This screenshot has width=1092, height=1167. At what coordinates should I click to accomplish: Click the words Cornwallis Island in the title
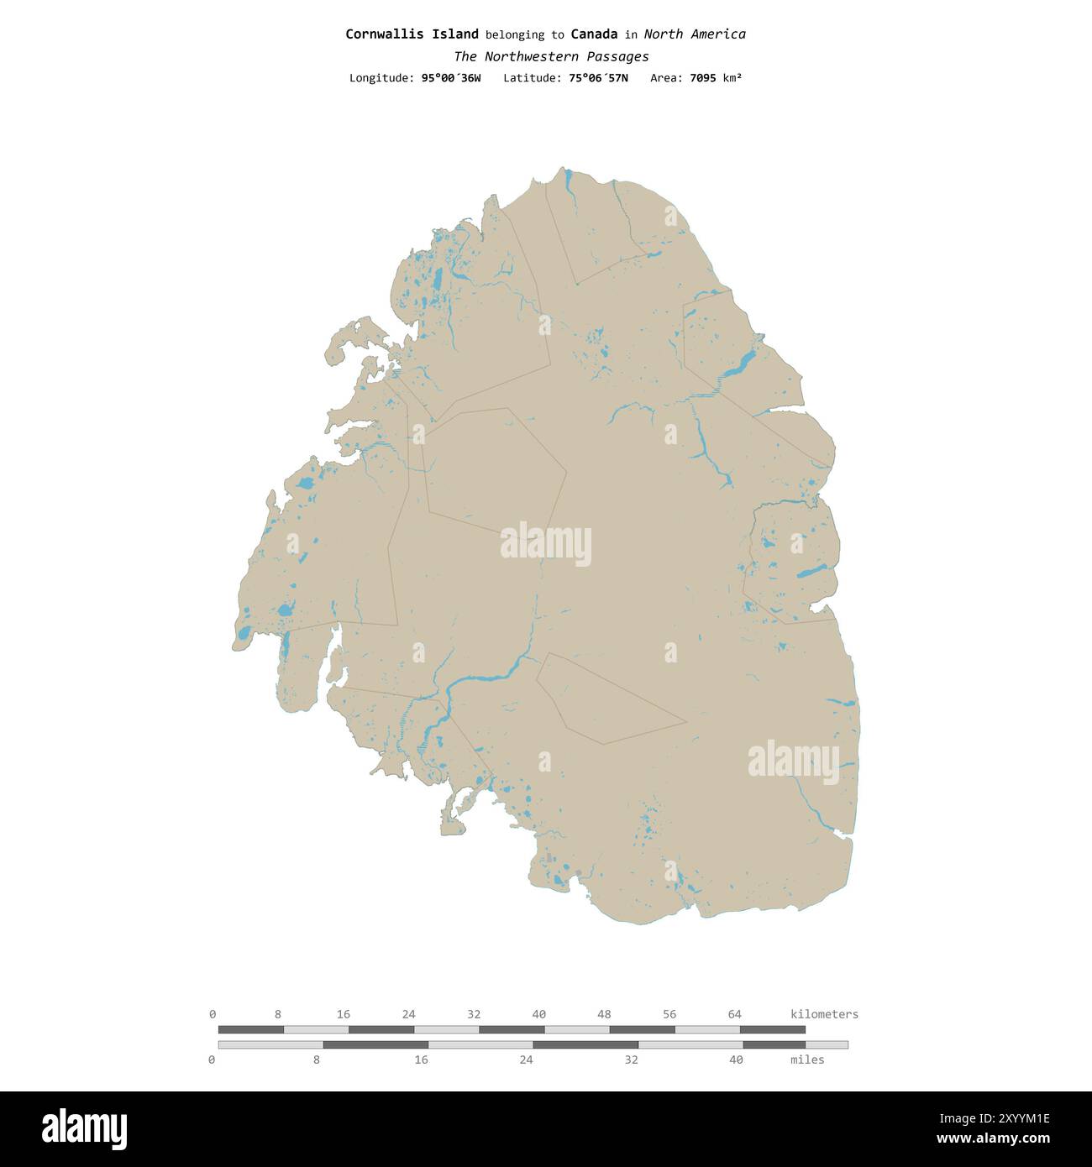pyautogui.click(x=412, y=34)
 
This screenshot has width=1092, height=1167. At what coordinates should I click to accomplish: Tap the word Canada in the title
pyautogui.click(x=594, y=34)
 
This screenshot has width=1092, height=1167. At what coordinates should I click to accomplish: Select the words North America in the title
pyautogui.click(x=695, y=34)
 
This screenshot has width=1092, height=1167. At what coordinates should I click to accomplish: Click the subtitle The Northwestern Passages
pyautogui.click(x=551, y=56)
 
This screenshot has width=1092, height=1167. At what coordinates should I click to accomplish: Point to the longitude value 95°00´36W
pyautogui.click(x=451, y=78)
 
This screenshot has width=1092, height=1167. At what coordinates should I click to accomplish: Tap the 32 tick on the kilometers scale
pyautogui.click(x=474, y=1014)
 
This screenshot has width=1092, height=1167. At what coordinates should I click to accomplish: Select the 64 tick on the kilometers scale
pyautogui.click(x=734, y=1014)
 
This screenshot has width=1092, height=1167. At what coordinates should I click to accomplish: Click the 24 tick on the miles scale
pyautogui.click(x=526, y=1060)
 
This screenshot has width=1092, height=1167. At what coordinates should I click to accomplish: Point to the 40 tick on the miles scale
pyautogui.click(x=736, y=1060)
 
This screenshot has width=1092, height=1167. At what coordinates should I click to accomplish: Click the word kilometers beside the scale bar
pyautogui.click(x=824, y=1014)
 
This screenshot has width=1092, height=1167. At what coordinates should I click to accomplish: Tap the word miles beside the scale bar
pyautogui.click(x=807, y=1060)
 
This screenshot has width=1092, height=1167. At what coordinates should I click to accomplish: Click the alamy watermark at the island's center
pyautogui.click(x=546, y=544)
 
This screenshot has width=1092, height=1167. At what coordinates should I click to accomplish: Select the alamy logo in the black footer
pyautogui.click(x=85, y=1128)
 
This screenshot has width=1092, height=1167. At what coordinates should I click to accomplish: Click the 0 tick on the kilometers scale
pyautogui.click(x=213, y=1014)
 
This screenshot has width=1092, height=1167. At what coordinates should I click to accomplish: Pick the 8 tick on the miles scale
pyautogui.click(x=316, y=1060)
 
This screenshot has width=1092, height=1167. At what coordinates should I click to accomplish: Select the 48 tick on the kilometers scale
pyautogui.click(x=604, y=1014)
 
